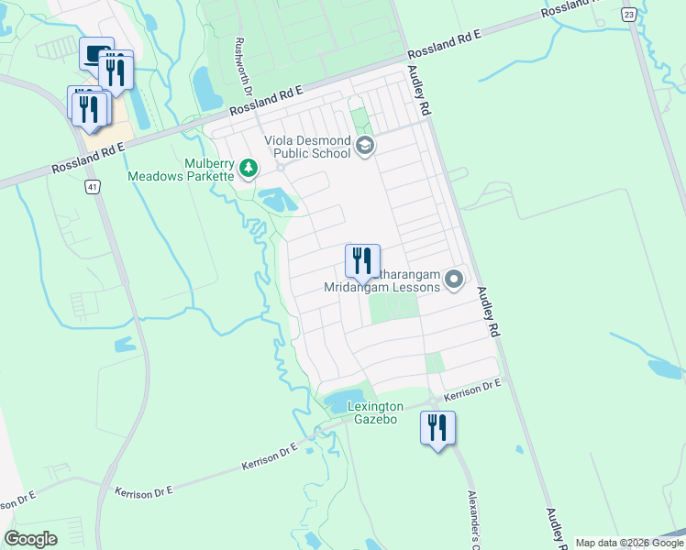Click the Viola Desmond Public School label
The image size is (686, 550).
click(307, 147)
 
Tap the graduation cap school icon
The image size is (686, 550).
click(365, 146)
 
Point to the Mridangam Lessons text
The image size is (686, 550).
click(382, 287)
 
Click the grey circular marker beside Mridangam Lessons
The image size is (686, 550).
click(454, 279)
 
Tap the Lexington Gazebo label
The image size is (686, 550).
click(375, 412)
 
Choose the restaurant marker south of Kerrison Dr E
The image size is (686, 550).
click(437, 428)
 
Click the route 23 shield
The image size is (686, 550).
click(628, 15)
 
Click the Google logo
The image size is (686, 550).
click(30, 539)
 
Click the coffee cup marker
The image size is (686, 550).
click(94, 53)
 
